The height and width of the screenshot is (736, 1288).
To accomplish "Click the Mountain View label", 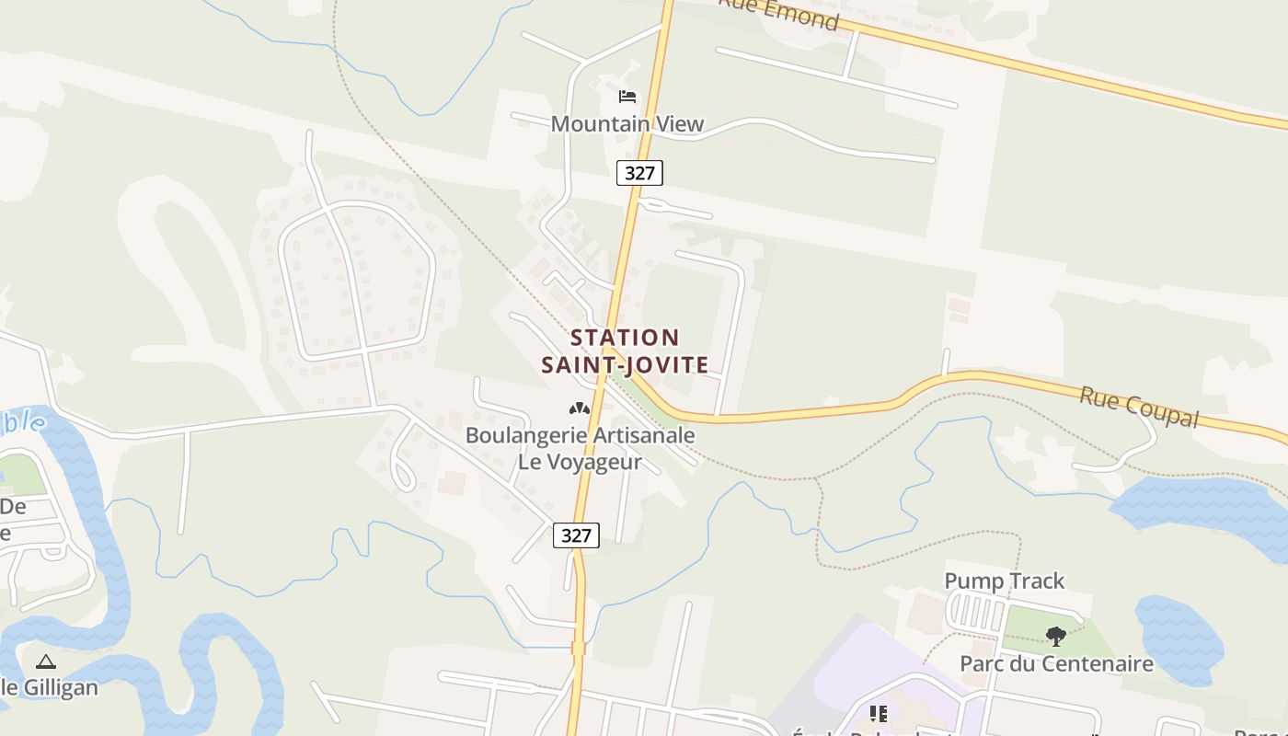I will [627, 123].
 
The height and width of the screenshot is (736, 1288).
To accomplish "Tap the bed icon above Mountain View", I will [627, 97].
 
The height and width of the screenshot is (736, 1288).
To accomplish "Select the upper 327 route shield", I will [639, 172].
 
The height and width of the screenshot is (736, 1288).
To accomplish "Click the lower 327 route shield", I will [576, 535].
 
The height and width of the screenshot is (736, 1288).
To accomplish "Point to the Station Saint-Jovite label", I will [626, 351].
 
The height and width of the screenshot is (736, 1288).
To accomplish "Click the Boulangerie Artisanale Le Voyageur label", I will [580, 448].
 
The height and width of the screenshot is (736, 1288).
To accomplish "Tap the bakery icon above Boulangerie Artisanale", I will [579, 408].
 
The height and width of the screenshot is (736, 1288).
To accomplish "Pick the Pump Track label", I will [1004, 581].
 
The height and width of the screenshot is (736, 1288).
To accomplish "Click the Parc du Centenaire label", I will [1056, 663].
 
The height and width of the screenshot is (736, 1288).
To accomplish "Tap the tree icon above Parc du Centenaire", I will [1056, 635].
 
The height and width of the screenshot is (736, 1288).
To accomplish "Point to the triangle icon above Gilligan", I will [46, 661].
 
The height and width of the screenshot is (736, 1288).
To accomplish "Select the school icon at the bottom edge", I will [879, 714].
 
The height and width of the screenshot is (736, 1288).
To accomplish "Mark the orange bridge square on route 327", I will [578, 649].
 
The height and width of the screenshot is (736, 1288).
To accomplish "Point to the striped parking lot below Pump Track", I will [977, 612].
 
